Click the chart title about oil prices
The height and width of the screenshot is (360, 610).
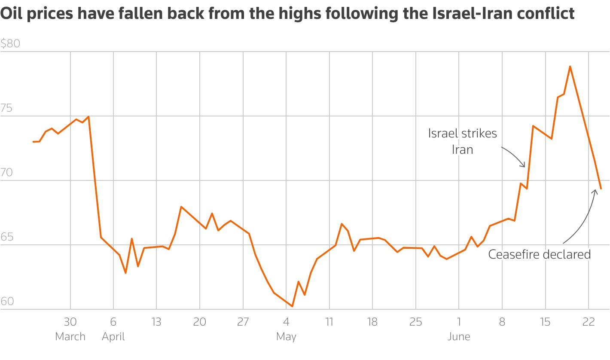287,14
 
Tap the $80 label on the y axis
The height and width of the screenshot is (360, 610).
10,44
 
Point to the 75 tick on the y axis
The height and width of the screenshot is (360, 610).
6,109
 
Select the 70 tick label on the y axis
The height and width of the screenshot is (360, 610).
6,173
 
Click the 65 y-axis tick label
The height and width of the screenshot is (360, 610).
6,238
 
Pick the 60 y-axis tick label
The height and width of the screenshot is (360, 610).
6,302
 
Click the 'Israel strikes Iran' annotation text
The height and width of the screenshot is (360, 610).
462,141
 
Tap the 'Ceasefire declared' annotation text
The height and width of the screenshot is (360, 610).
539,254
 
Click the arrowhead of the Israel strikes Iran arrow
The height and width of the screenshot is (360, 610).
524,166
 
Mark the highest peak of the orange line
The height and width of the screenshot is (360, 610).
570,66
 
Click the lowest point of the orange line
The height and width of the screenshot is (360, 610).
292,306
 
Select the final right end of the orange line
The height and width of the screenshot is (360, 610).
601,189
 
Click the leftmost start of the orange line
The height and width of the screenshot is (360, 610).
33,142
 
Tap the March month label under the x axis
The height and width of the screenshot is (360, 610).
70,336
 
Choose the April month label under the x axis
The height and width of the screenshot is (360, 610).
113,336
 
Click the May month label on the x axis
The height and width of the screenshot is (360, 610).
286,336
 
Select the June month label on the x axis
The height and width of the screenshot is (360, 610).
459,336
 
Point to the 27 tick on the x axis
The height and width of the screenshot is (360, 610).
243,322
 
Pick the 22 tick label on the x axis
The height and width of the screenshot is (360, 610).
588,322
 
